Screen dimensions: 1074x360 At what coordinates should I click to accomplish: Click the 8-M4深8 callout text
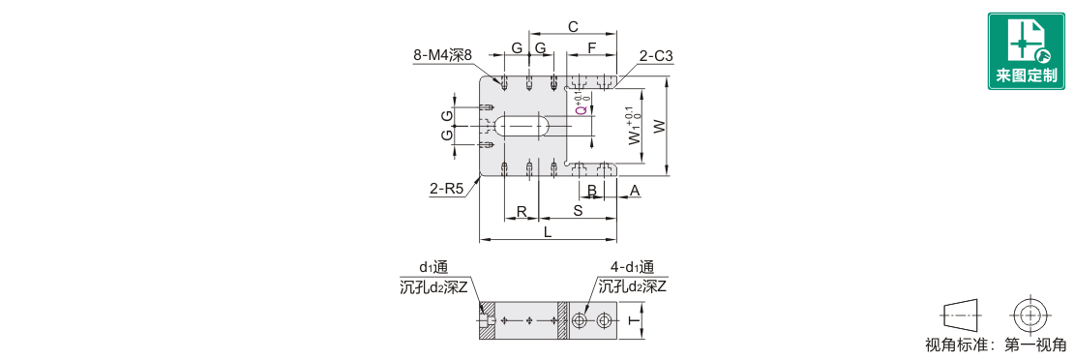coord(443,56)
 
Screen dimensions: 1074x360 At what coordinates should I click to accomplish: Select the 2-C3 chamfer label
coord(656,55)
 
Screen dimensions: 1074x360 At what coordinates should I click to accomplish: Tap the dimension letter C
coord(574,27)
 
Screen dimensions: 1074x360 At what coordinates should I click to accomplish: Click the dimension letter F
coord(592,48)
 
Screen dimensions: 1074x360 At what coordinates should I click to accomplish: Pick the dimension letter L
coord(548,232)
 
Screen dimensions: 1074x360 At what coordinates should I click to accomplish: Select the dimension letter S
coord(578,211)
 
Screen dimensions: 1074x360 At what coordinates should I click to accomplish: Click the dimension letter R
coord(522,211)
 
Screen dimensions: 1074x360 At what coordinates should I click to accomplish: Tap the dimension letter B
coord(592,190)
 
